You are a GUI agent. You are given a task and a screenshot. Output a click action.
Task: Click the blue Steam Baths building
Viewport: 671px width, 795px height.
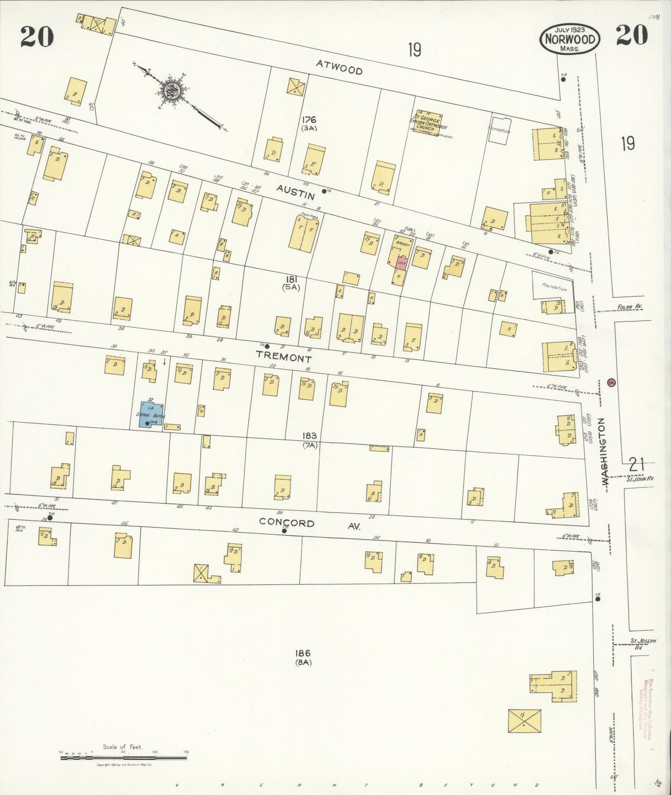pyautogui.click(x=150, y=414)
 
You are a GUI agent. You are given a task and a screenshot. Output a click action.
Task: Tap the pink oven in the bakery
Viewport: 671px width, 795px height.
pyautogui.click(x=402, y=262)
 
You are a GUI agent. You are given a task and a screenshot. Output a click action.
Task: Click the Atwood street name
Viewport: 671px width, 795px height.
pyautogui.click(x=339, y=68)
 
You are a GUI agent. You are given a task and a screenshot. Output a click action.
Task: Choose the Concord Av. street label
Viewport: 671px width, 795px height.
pyautogui.click(x=306, y=524)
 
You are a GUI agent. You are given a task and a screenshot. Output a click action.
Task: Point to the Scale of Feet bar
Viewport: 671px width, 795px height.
pyautogui.click(x=123, y=758)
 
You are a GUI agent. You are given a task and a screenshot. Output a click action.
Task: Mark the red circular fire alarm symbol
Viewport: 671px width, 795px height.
pyautogui.click(x=611, y=383)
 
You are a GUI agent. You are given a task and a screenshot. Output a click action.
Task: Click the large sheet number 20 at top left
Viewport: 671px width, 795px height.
pyautogui.click(x=37, y=37)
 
